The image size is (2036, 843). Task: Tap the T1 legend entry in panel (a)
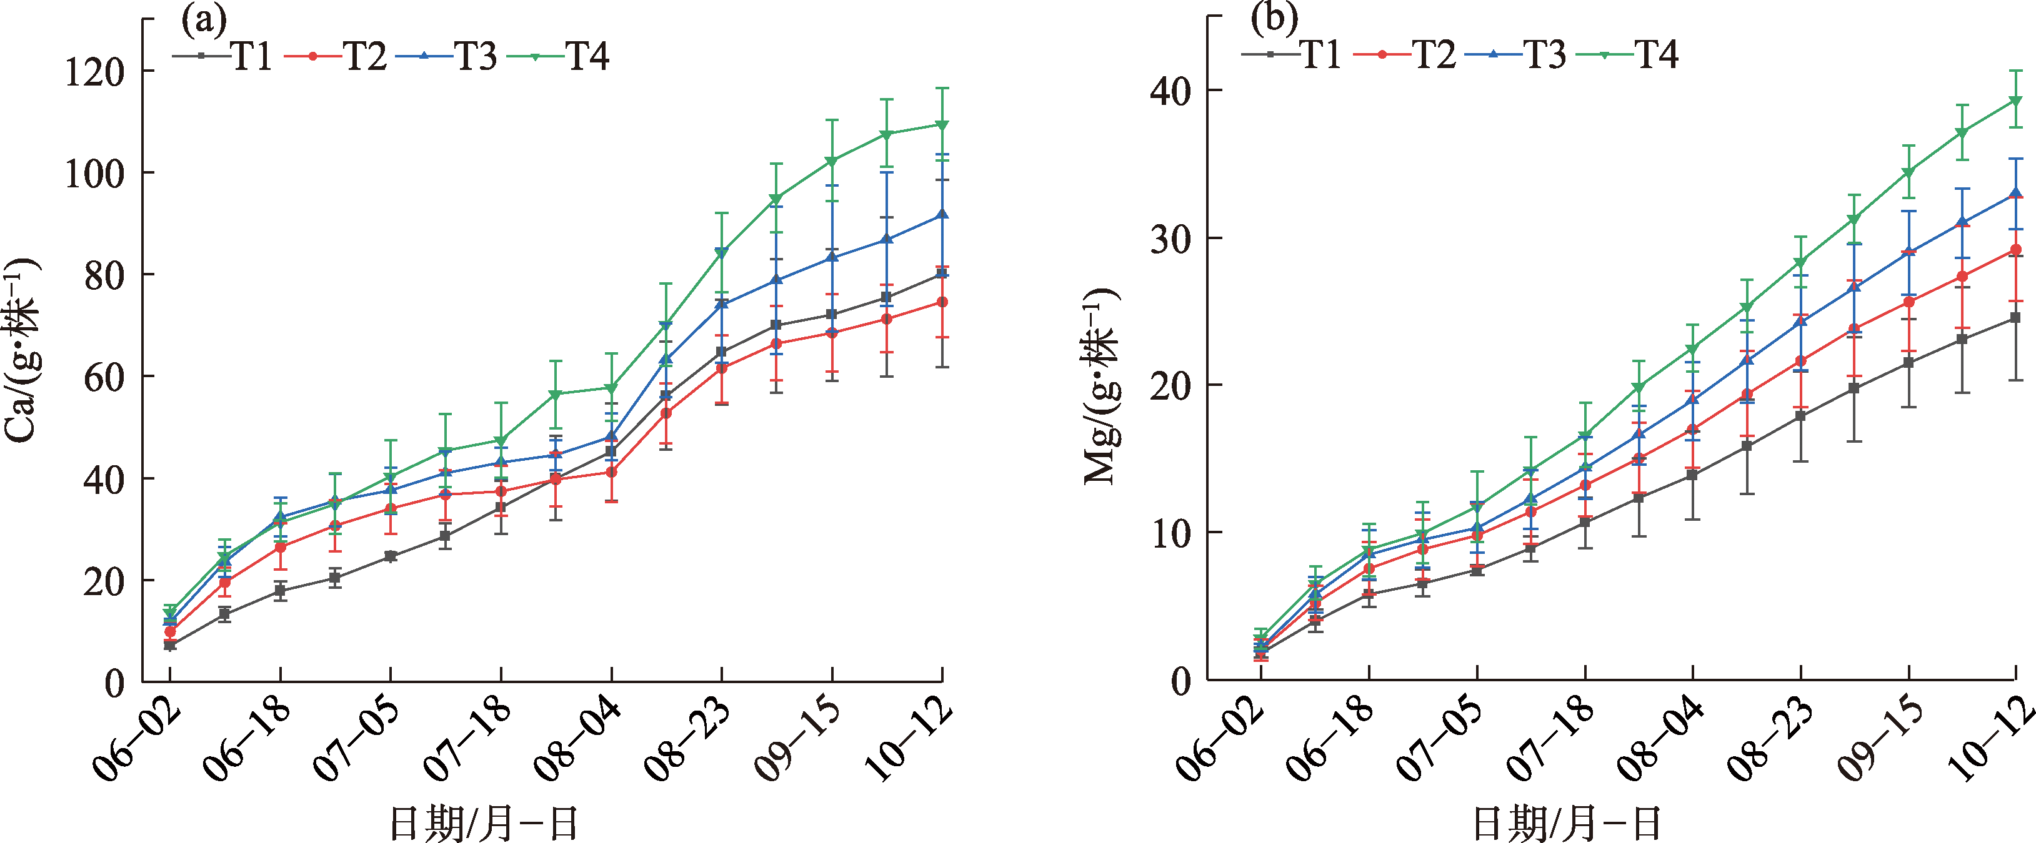pyautogui.click(x=224, y=57)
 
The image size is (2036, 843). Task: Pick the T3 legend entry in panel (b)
pyautogui.click(x=1516, y=54)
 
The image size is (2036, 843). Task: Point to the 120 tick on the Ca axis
pyautogui.click(x=95, y=72)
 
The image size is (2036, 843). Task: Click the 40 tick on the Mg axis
pyautogui.click(x=1170, y=92)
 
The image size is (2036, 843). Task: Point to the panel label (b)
pyautogui.click(x=1274, y=17)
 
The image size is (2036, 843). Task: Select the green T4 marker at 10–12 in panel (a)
pyautogui.click(x=941, y=125)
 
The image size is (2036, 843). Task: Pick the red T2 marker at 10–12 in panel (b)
pyautogui.click(x=2015, y=250)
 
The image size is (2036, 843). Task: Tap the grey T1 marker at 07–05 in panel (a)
pyautogui.click(x=391, y=556)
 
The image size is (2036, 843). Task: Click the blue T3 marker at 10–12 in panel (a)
pyautogui.click(x=941, y=215)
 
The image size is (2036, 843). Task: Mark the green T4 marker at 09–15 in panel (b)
pyautogui.click(x=1909, y=172)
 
